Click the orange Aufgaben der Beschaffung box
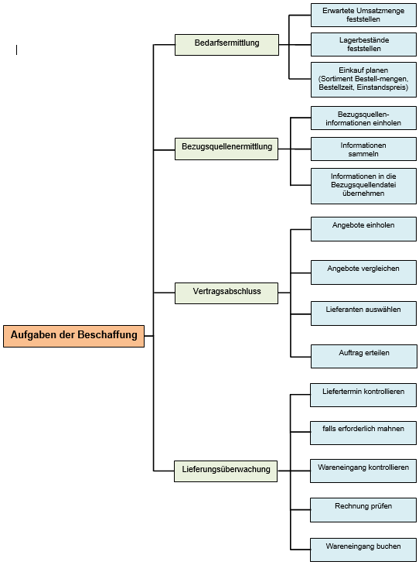coord(73,336)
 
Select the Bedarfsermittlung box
coord(227,45)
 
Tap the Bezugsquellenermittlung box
coord(227,149)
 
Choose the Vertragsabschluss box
coord(227,293)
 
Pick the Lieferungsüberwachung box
coord(226,471)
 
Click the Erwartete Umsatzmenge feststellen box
coord(363,15)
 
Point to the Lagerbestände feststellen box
coord(363,44)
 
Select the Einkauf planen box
coord(363,80)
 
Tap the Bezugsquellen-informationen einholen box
coord(363,118)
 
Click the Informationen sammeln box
coord(363,149)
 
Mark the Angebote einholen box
coord(363,229)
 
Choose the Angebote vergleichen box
coord(363,272)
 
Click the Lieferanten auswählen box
coord(363,313)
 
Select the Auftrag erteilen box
coord(364,356)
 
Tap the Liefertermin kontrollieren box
coord(363,395)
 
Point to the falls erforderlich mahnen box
coord(363,433)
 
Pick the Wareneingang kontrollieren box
coord(363,471)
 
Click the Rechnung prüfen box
coord(363,510)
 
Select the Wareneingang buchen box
coord(363,550)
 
